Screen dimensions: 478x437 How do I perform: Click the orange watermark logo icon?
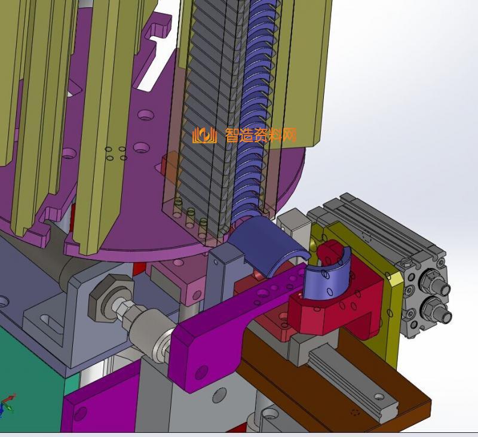click(204, 135)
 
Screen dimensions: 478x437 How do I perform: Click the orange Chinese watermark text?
click(261, 135)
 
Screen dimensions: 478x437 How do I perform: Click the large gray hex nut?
click(111, 297)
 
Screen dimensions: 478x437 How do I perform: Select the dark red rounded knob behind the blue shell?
click(327, 251)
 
